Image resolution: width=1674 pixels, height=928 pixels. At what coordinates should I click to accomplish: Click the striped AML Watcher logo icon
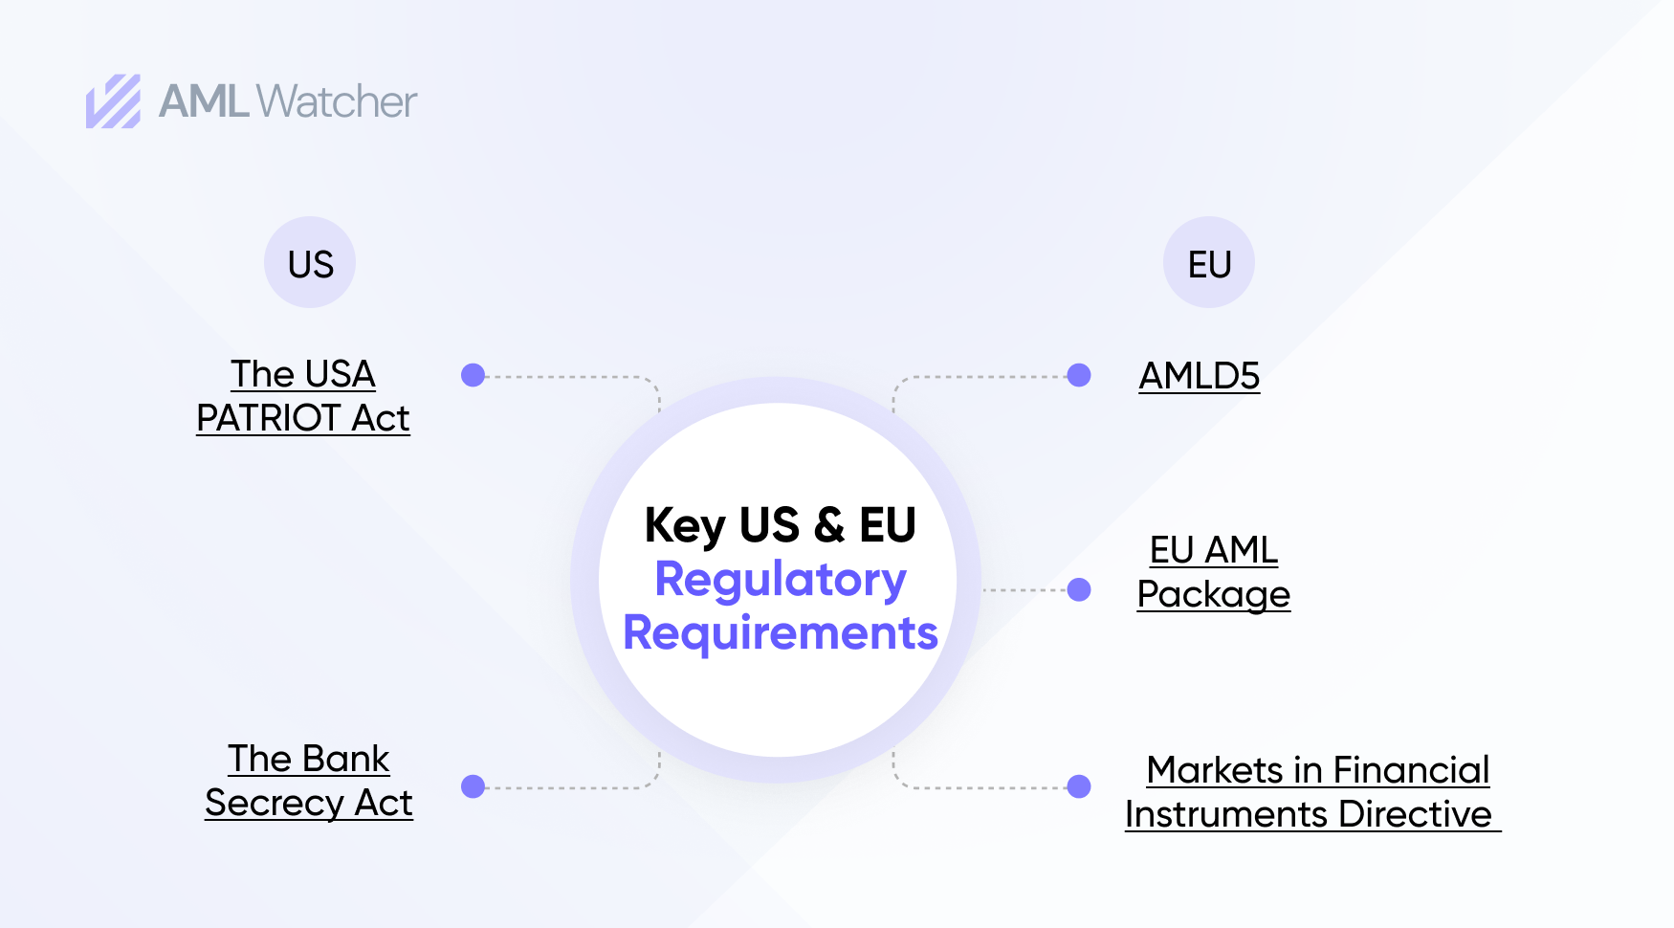tap(113, 101)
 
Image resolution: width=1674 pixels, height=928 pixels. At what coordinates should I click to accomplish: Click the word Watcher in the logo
tap(337, 101)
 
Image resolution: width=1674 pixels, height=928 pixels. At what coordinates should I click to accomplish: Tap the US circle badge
tap(310, 263)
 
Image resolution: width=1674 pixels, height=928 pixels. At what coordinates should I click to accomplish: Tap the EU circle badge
tap(1209, 263)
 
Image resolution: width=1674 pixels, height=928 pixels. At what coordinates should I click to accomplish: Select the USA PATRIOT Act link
tap(303, 396)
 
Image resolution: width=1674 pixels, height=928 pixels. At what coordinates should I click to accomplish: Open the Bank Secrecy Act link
tap(309, 781)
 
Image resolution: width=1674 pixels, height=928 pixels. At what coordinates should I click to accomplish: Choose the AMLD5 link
tap(1199, 376)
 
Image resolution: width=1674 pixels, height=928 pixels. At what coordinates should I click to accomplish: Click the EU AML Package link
tap(1213, 572)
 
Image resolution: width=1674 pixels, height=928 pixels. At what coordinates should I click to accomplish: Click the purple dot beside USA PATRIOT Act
tap(473, 375)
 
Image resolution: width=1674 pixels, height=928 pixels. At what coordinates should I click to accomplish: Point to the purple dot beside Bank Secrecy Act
tap(473, 786)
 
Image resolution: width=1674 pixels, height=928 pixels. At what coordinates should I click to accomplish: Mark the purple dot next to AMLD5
tap(1079, 375)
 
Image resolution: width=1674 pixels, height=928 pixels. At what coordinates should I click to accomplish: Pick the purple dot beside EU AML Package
tap(1079, 589)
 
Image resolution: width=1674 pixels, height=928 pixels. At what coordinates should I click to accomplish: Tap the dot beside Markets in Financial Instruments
tap(1079, 786)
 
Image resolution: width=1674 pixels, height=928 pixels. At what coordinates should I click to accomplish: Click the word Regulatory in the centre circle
tap(781, 580)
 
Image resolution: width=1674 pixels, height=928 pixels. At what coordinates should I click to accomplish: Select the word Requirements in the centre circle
tap(781, 633)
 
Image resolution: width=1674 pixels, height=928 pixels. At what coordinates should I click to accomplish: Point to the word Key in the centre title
tap(685, 526)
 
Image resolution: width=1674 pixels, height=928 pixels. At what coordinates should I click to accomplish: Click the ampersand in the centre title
tap(829, 525)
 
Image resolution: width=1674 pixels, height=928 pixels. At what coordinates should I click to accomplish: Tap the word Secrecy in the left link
tap(275, 804)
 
